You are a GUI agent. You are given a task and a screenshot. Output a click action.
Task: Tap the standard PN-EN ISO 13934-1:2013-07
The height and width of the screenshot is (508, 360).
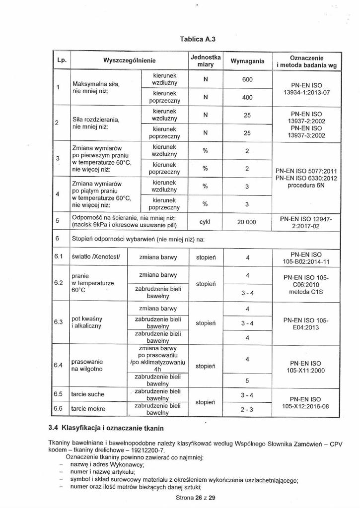pos(306,89)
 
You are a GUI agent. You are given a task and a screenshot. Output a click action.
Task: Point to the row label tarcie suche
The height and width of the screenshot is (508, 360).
pos(88,394)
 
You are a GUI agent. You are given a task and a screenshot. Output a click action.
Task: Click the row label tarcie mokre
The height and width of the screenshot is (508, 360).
pos(88,409)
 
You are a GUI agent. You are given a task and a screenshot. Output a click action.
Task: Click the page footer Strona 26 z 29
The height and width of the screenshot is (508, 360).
pos(195,498)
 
